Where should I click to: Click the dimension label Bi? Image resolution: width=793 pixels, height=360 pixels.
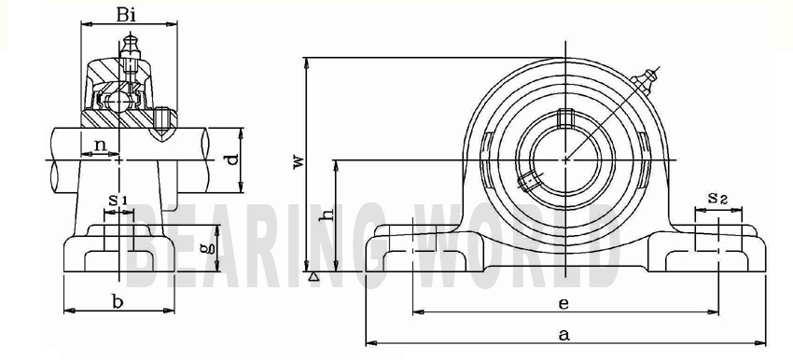[126, 14]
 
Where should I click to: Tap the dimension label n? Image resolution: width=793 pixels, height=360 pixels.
[101, 145]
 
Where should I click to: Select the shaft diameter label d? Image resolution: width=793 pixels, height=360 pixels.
[231, 159]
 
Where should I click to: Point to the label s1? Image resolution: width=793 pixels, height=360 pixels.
[118, 200]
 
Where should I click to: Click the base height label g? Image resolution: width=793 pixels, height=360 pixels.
[203, 248]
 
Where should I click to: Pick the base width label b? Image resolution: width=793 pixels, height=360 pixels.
[118, 302]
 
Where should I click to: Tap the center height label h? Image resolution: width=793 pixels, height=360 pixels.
[327, 215]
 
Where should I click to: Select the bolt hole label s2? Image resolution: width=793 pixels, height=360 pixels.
[717, 198]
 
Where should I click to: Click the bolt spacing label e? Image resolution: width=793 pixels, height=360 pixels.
[563, 303]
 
